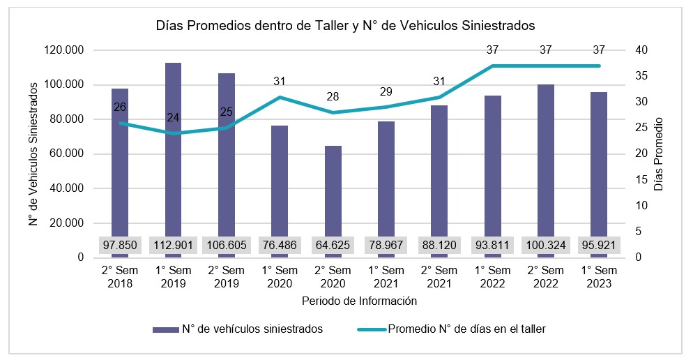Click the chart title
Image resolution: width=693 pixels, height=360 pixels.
point(345,26)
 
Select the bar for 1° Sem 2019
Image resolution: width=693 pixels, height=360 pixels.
point(173,153)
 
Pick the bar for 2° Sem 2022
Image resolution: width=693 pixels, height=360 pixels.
point(546,160)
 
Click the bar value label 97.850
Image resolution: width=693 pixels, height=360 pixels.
point(120,246)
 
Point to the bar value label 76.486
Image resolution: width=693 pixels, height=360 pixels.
point(280,246)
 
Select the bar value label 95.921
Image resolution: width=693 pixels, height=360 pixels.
point(599,246)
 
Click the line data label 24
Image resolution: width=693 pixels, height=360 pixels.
point(173,117)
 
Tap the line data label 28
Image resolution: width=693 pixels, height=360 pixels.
point(333,96)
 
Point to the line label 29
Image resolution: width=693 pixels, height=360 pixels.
point(386,91)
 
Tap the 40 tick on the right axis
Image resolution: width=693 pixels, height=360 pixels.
point(641,50)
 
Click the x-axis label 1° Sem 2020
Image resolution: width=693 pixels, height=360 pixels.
point(280,277)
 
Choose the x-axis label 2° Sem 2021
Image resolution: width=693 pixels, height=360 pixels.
point(440,277)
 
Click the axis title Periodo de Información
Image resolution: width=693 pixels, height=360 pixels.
point(360,301)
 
